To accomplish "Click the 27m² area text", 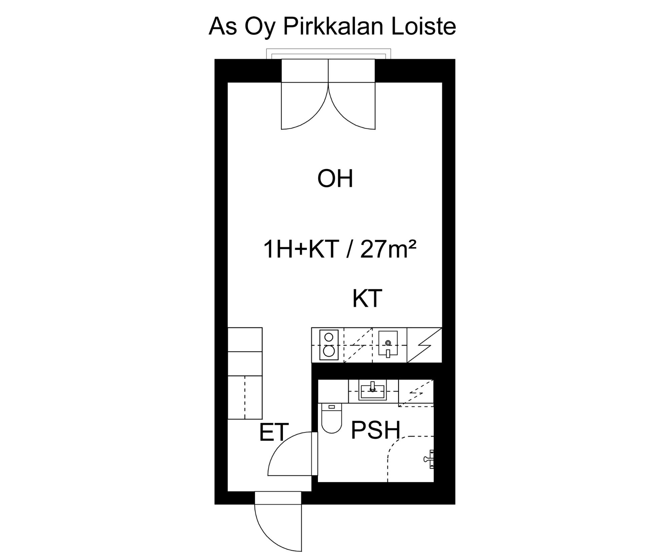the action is pos(388,250).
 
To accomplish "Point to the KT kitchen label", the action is pos(367,298).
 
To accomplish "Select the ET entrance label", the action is pos(274,432).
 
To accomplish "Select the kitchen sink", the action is pos(388,343).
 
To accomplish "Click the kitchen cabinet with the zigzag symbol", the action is pos(424,345).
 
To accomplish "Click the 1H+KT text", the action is pos(301,250).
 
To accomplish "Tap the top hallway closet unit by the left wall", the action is pos(245,340).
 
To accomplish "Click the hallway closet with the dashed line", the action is pos(245,398).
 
